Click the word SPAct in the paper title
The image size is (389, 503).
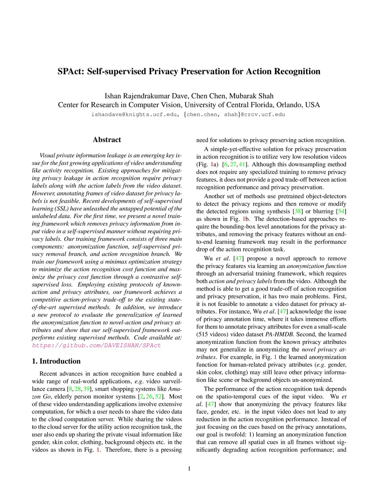71,71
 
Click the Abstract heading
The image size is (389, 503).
107,140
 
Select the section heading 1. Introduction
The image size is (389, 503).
56,361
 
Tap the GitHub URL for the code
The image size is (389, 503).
96,345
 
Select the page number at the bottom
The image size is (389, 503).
189,468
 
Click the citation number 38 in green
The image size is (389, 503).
298,211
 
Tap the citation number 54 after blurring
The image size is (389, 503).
341,211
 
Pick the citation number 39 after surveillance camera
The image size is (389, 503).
87,389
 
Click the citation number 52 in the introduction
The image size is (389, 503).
158,397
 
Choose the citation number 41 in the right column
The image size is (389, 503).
242,164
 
